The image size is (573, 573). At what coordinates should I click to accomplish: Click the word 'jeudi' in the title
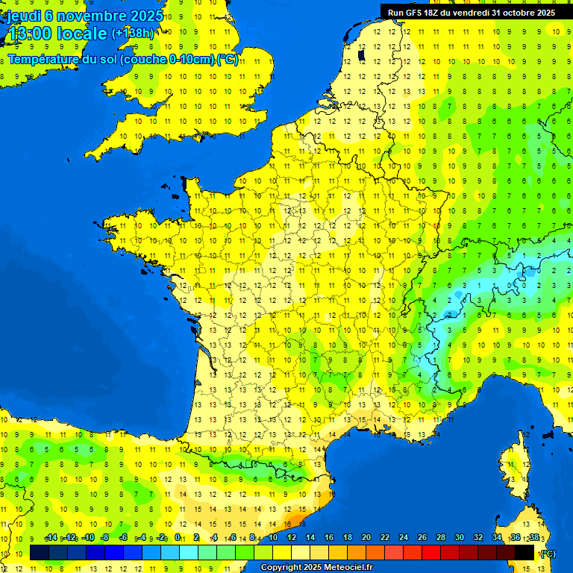tap(25, 16)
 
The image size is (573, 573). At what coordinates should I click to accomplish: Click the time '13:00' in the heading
tap(31, 34)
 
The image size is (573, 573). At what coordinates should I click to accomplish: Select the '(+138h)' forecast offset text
tap(132, 34)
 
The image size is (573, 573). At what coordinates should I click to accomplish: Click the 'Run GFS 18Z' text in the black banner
tap(412, 13)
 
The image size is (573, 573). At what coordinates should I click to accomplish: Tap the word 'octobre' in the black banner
tap(514, 13)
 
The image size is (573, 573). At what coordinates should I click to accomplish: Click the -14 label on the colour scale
tap(51, 537)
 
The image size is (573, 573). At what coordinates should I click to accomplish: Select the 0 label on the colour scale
tap(178, 537)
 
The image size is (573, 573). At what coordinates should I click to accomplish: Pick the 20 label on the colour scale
tap(366, 537)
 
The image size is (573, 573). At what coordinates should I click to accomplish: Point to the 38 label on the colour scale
tap(534, 537)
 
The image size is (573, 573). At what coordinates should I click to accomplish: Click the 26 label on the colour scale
tap(422, 537)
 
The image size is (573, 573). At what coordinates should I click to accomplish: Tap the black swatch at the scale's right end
tap(525, 552)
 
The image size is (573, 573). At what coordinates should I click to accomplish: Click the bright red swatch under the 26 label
tap(432, 552)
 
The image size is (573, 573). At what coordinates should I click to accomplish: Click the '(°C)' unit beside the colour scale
tap(548, 553)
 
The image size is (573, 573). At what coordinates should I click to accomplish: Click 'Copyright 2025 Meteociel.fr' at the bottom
tap(316, 568)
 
